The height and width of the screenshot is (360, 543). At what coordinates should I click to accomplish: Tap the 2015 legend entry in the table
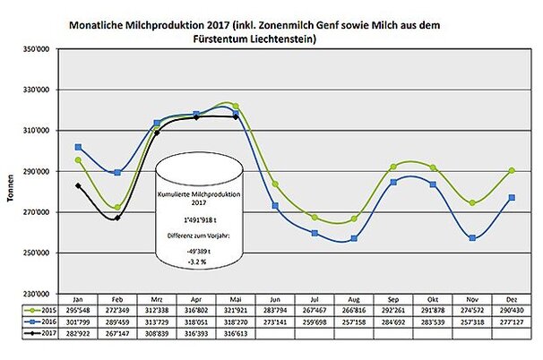coord(39,306)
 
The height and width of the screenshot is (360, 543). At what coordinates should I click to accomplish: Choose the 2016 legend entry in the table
coord(39,318)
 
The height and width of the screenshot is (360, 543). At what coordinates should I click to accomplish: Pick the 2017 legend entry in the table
coord(39,330)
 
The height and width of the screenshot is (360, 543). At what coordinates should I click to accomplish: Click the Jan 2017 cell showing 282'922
coord(79,330)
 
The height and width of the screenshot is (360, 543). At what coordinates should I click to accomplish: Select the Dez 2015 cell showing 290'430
coord(512,306)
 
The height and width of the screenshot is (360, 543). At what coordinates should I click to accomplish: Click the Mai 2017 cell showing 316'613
coord(236,330)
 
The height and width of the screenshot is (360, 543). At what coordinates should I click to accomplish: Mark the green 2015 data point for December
coord(512,170)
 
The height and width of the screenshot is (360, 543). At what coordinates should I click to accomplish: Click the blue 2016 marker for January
coord(79,147)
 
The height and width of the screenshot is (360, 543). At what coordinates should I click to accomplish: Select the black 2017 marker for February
coord(117,218)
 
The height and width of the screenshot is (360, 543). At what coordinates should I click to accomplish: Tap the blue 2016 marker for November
coord(472,237)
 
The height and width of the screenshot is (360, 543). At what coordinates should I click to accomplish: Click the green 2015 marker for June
coord(275,184)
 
